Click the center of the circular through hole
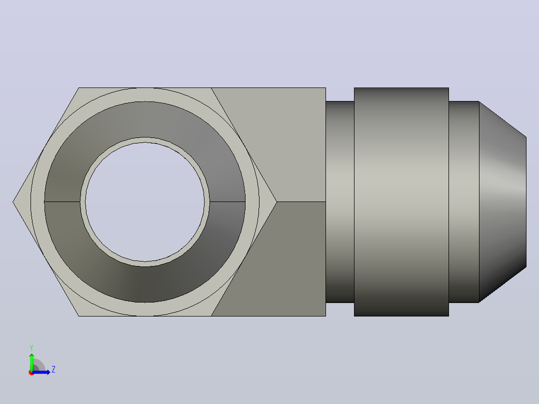144,202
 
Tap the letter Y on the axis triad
31,347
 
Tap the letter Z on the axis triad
53,369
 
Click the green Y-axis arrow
31,361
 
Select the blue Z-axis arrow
41,372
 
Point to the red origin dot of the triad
31,372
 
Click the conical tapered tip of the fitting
502,202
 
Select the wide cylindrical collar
401,202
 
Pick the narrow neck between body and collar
340,202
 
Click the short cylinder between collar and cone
463,202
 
